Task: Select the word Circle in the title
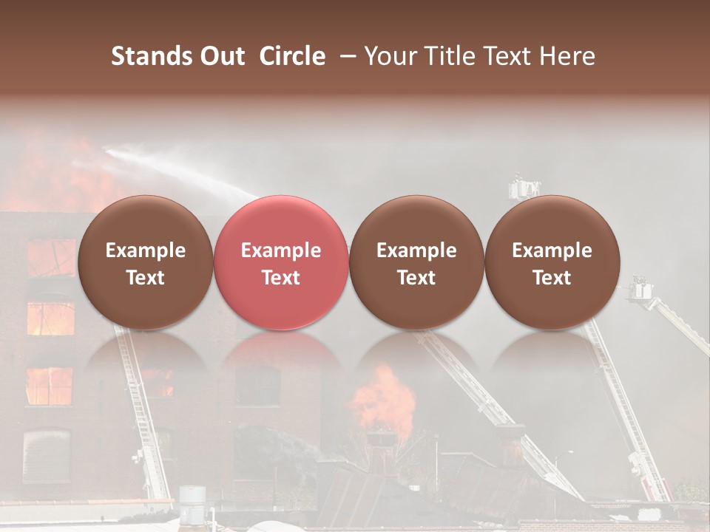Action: (292, 56)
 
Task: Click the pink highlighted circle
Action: (281, 262)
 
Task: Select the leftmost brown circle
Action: (145, 262)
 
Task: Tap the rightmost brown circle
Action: (552, 262)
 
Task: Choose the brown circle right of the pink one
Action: (416, 262)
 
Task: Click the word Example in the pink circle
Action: (281, 250)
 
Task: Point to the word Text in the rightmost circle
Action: (552, 278)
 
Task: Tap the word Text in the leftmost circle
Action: (145, 278)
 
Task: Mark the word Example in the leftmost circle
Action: (145, 250)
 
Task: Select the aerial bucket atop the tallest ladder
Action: (524, 188)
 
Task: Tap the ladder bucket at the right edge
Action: (640, 289)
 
